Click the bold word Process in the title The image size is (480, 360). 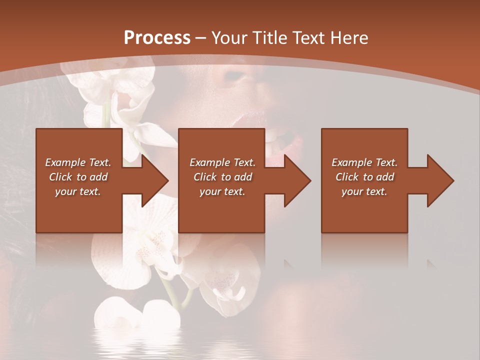click(x=157, y=38)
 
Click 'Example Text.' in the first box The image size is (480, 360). click(x=78, y=162)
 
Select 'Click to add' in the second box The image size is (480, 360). click(x=222, y=177)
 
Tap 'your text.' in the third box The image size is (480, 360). click(x=364, y=191)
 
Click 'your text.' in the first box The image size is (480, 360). click(x=78, y=191)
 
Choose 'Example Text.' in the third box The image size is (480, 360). click(x=364, y=162)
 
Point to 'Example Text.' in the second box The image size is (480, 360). click(x=222, y=162)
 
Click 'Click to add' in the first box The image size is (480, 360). click(x=78, y=177)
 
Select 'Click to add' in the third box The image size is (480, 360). click(x=364, y=177)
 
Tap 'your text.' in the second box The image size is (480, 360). click(x=222, y=191)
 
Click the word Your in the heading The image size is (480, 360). click(x=228, y=38)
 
